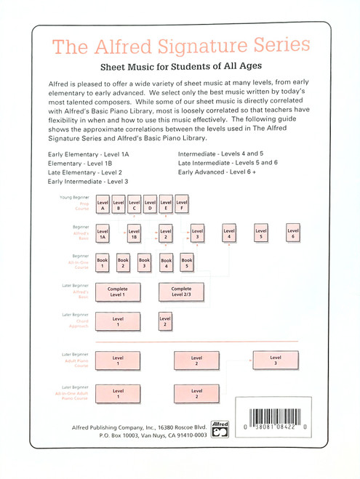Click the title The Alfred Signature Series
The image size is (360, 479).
[180, 47]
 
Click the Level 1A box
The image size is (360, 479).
[103, 234]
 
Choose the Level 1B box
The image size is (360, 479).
[134, 234]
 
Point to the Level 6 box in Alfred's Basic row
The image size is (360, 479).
[293, 234]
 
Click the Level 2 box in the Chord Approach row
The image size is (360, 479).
[165, 322]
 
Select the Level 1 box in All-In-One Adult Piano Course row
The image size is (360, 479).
[117, 395]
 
